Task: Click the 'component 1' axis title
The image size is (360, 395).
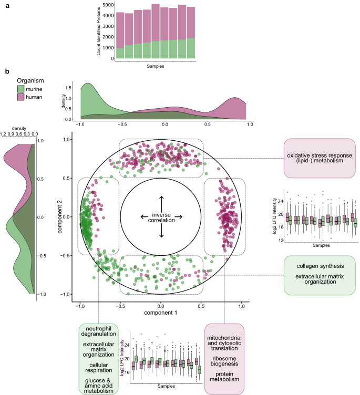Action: pos(161,313)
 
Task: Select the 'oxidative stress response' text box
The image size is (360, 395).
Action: pos(320,158)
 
